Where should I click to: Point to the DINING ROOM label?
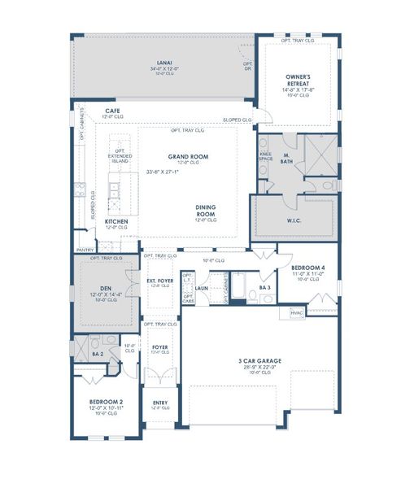(206, 210)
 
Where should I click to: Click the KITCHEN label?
(116, 221)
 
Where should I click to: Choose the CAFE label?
(113, 110)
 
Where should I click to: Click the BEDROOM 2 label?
(106, 402)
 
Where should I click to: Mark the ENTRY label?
(160, 403)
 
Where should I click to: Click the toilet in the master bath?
(328, 185)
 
